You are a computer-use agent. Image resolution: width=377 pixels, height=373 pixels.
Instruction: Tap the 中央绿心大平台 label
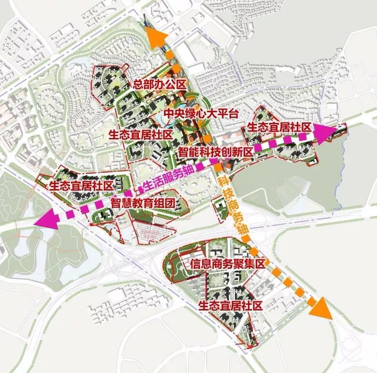[201, 114]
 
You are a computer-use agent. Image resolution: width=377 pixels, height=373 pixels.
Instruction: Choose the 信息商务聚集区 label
[228, 264]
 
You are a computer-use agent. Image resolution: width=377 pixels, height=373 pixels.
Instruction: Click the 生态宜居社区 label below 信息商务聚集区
[230, 305]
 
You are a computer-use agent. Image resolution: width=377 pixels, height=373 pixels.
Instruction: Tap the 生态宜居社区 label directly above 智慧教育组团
[81, 185]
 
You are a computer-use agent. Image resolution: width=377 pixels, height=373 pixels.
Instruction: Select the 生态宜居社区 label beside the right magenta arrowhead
[279, 127]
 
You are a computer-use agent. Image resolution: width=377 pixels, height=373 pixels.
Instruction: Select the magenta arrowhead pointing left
[46, 220]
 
